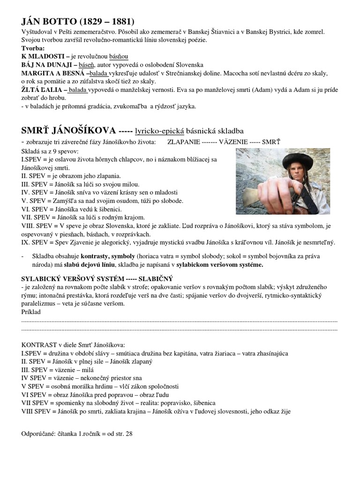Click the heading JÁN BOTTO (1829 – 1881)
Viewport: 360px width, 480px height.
(x=78, y=22)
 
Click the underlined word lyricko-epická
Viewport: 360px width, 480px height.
(x=160, y=130)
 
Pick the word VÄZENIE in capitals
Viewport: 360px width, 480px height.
(x=232, y=142)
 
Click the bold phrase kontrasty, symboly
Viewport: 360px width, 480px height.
(x=108, y=257)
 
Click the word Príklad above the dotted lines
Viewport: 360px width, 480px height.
(x=31, y=311)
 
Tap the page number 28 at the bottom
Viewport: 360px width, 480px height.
(x=129, y=434)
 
